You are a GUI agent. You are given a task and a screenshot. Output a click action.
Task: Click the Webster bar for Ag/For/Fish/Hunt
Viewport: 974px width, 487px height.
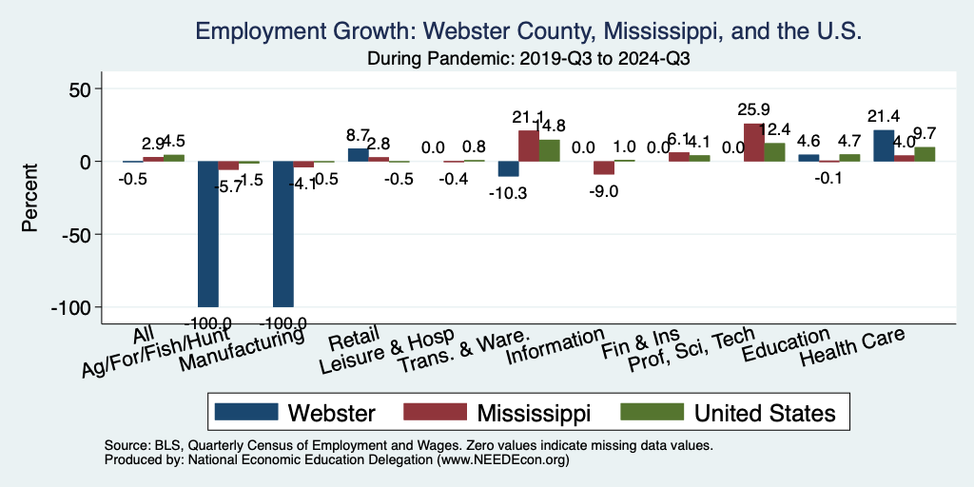pos(208,234)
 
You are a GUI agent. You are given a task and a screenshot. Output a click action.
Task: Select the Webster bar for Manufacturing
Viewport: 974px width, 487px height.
pos(283,234)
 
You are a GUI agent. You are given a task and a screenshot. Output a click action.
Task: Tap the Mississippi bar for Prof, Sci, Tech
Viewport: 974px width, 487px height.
pos(753,143)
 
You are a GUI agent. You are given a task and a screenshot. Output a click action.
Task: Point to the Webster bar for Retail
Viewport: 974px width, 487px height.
pos(359,155)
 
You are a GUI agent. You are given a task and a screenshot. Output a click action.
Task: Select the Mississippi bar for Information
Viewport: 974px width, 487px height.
pos(604,168)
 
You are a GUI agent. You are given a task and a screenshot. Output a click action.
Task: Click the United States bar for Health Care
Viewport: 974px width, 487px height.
pos(925,154)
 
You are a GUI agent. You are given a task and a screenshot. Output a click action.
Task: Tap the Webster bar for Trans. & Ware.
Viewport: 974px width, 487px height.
pos(509,169)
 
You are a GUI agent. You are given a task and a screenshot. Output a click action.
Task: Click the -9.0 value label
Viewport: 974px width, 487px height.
pos(606,190)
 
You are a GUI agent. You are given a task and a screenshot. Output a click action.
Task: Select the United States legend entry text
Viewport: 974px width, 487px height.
pos(765,413)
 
